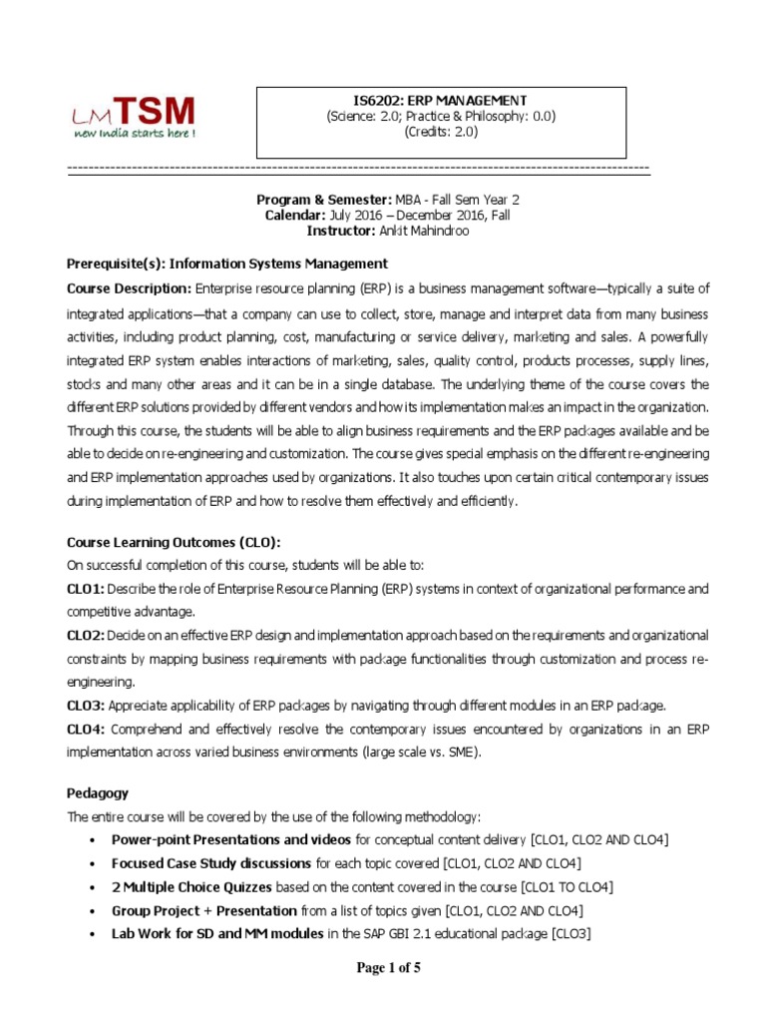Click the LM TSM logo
[132, 117]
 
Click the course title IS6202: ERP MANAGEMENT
[440, 100]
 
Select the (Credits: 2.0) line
[440, 131]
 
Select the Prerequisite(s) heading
[225, 263]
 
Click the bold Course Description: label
[129, 289]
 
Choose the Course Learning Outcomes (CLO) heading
[174, 542]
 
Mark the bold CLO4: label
[86, 730]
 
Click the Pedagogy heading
[97, 792]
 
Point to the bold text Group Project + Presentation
[203, 910]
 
